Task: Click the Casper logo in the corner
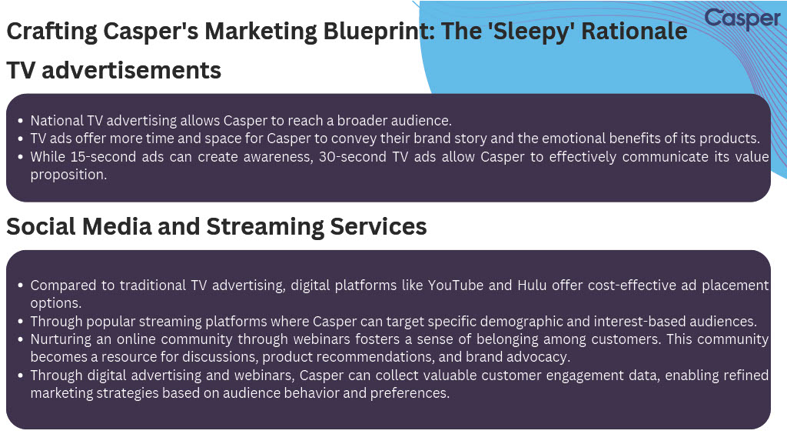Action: pyautogui.click(x=742, y=19)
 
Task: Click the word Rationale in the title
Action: pyautogui.click(x=634, y=31)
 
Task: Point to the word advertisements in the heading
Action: pyautogui.click(x=131, y=70)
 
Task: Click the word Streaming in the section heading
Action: pyautogui.click(x=265, y=227)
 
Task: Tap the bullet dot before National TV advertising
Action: pyautogui.click(x=20, y=121)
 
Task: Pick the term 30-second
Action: pyautogui.click(x=352, y=157)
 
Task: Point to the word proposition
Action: pyautogui.click(x=68, y=175)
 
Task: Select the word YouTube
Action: pyautogui.click(x=455, y=285)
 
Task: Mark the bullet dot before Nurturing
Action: pyautogui.click(x=20, y=339)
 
